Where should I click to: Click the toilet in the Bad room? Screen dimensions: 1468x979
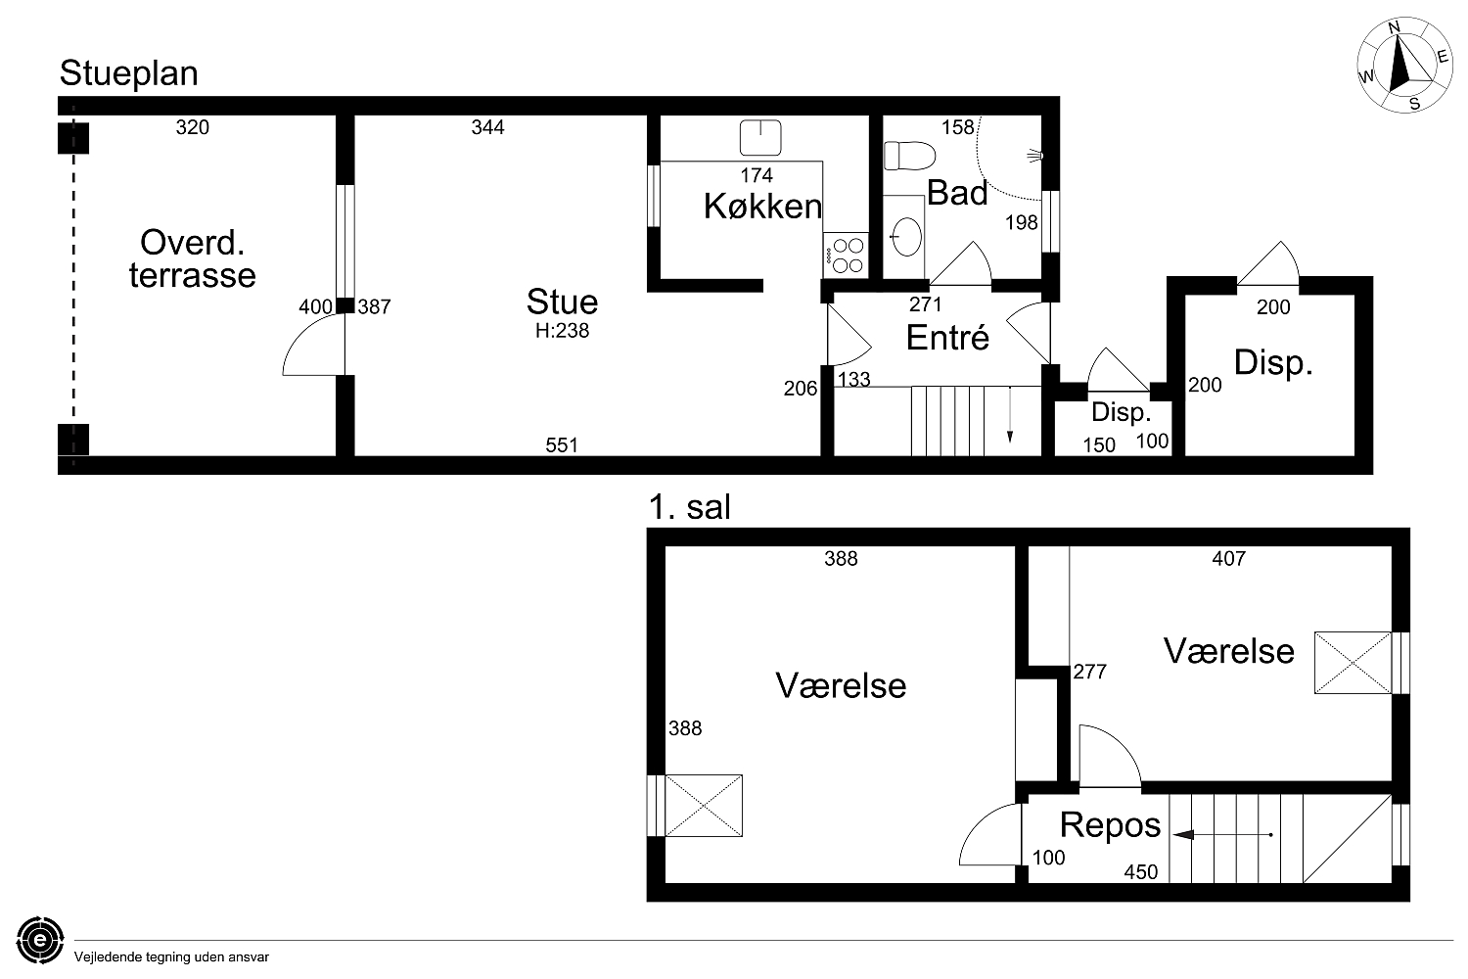[x=909, y=156]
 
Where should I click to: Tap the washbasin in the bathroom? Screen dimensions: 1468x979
[x=907, y=236]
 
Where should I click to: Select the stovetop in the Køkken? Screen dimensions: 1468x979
[x=847, y=256]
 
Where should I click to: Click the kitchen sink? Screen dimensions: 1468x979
[x=760, y=137]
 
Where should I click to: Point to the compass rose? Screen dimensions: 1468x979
[x=1404, y=66]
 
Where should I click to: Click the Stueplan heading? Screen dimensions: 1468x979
[x=128, y=73]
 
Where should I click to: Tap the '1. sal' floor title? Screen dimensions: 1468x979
[x=689, y=507]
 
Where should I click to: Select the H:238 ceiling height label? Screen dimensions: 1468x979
[x=563, y=331]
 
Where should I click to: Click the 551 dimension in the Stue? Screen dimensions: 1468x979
[x=562, y=445]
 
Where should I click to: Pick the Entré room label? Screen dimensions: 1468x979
[x=947, y=338]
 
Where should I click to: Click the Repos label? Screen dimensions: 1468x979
[x=1110, y=825]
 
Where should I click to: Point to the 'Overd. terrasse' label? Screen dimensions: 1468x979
[x=192, y=258]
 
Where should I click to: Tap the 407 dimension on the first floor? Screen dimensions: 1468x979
[x=1229, y=558]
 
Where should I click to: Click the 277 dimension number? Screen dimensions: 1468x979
[x=1090, y=672]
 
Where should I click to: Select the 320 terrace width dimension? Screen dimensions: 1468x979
[x=192, y=127]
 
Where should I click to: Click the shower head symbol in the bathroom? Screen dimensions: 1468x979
[x=1035, y=156]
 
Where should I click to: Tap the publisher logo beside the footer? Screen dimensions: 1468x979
[x=40, y=940]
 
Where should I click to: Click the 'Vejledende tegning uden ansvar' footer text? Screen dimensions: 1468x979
[x=171, y=957]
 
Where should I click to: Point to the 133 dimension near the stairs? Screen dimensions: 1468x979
[x=854, y=379]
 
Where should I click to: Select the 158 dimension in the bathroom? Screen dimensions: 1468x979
[x=957, y=127]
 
